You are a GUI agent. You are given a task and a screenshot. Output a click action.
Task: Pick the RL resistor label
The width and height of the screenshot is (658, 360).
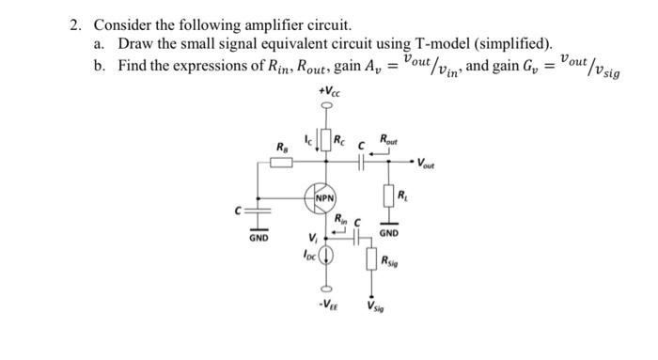click(403, 196)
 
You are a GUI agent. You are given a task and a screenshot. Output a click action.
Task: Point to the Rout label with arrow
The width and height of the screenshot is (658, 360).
click(388, 140)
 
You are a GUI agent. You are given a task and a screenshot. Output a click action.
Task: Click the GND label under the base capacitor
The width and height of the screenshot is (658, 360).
click(258, 239)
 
